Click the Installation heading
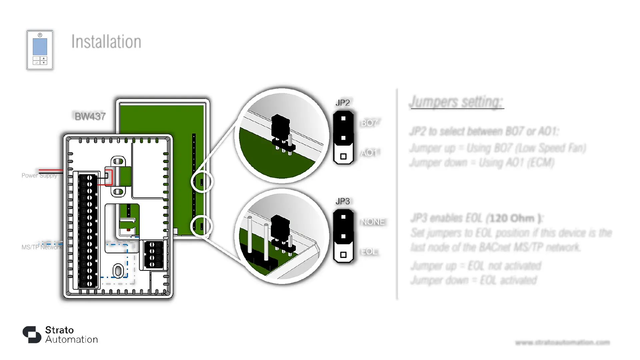point(106,42)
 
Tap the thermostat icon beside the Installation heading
point(40,50)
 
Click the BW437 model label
point(90,116)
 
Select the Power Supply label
point(39,175)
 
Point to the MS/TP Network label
point(42,247)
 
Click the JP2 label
point(343,103)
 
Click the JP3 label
point(343,201)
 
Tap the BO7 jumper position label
point(369,123)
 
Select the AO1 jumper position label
point(369,153)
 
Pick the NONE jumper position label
point(373,222)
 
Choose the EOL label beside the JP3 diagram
point(369,251)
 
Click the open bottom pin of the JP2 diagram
point(343,156)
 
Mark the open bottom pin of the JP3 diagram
point(343,255)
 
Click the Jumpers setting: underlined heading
point(457,102)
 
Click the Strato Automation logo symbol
point(32,334)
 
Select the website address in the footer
point(562,342)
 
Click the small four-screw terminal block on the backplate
point(154,254)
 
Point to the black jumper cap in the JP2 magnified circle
point(280,127)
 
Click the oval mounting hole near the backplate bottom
point(118,271)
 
